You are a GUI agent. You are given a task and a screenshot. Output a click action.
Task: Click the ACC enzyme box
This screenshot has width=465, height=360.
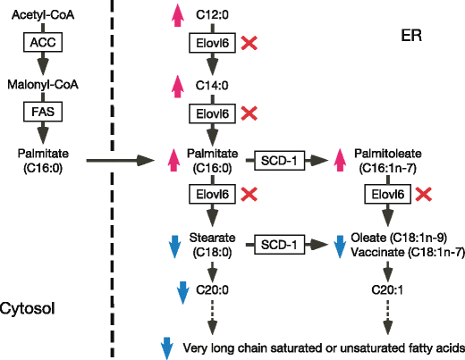[43, 42]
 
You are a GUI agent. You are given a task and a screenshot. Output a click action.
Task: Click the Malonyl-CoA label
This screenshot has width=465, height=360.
[43, 84]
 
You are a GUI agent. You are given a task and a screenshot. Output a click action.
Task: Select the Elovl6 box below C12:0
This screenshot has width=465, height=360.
[212, 42]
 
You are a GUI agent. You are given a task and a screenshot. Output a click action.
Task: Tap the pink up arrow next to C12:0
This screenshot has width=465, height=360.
[175, 14]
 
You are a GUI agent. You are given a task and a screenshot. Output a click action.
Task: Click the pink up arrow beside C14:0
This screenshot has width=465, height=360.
[175, 87]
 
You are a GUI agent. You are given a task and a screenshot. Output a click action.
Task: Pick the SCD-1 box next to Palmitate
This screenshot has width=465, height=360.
[279, 160]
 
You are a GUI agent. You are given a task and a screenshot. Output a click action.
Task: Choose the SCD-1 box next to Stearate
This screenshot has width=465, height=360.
[279, 244]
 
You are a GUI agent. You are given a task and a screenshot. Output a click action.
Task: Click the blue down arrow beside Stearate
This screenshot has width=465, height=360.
[175, 245]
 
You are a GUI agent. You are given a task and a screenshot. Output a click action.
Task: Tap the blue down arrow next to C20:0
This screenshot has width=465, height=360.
[182, 290]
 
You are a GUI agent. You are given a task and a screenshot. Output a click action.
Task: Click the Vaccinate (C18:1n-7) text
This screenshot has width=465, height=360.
[409, 253]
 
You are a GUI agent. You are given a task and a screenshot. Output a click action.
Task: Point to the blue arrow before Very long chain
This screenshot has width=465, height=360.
[166, 347]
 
